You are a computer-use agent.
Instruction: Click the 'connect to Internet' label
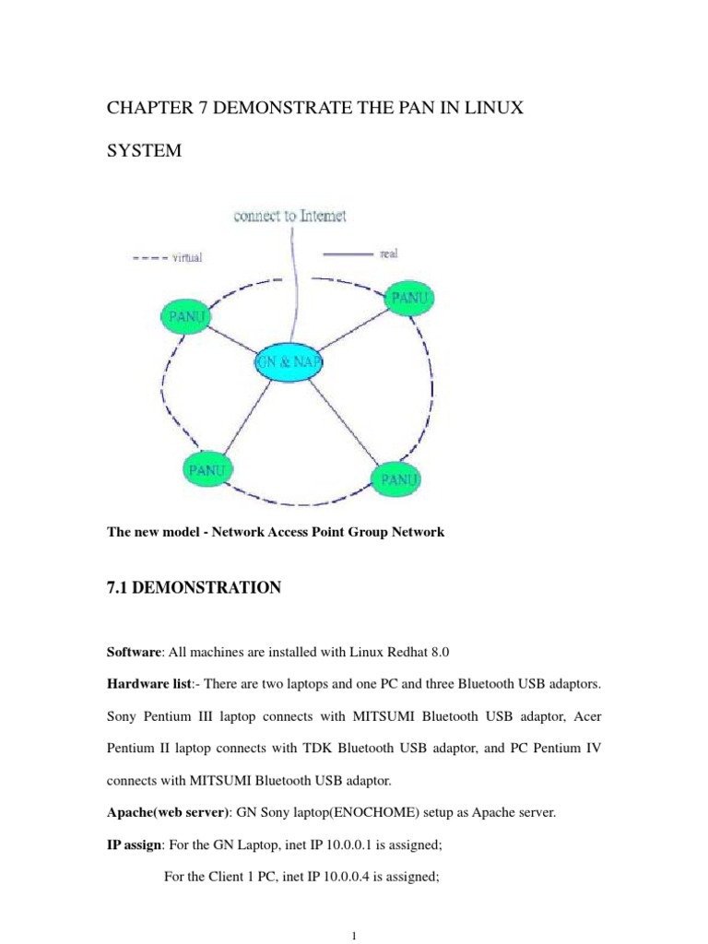[x=289, y=216]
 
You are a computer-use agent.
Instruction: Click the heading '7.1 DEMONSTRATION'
[x=194, y=587]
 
